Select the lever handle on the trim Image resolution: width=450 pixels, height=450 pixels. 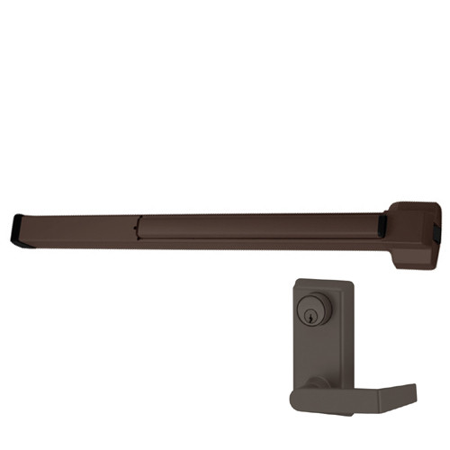click(x=360, y=395)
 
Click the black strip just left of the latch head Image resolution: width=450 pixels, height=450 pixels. click(x=384, y=222)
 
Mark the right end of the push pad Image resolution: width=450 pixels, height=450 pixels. click(x=376, y=226)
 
